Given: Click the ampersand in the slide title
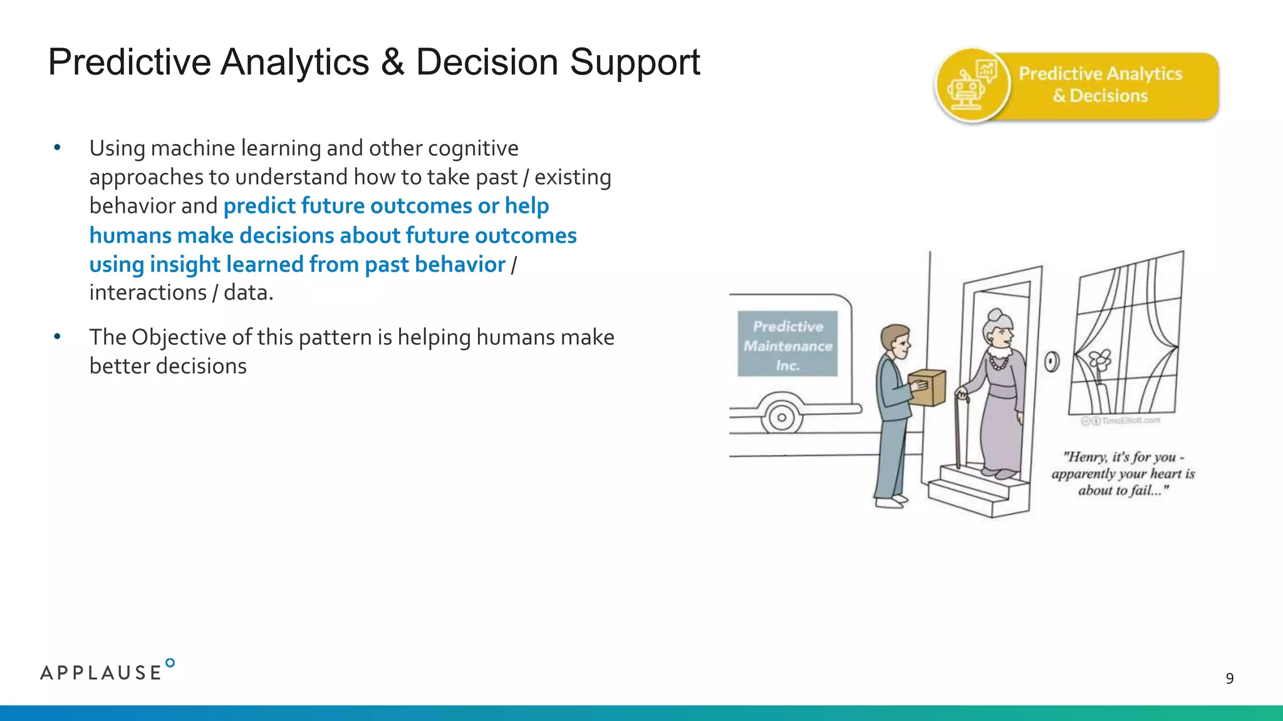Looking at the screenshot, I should (x=392, y=63).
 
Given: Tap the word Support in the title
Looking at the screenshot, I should (x=634, y=63).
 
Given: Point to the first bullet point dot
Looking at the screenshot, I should (x=57, y=148).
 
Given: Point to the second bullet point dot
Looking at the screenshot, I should (x=57, y=337).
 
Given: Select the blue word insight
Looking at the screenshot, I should (x=185, y=265).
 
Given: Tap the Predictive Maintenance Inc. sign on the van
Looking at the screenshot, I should (x=787, y=345).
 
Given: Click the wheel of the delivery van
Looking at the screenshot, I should (x=781, y=417).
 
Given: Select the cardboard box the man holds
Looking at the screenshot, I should (x=927, y=387).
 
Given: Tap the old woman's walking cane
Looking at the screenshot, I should (x=958, y=432).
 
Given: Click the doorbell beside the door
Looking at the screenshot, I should (x=1052, y=361).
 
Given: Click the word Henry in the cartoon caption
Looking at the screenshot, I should (x=1085, y=457).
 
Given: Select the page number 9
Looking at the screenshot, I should (x=1229, y=678).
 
